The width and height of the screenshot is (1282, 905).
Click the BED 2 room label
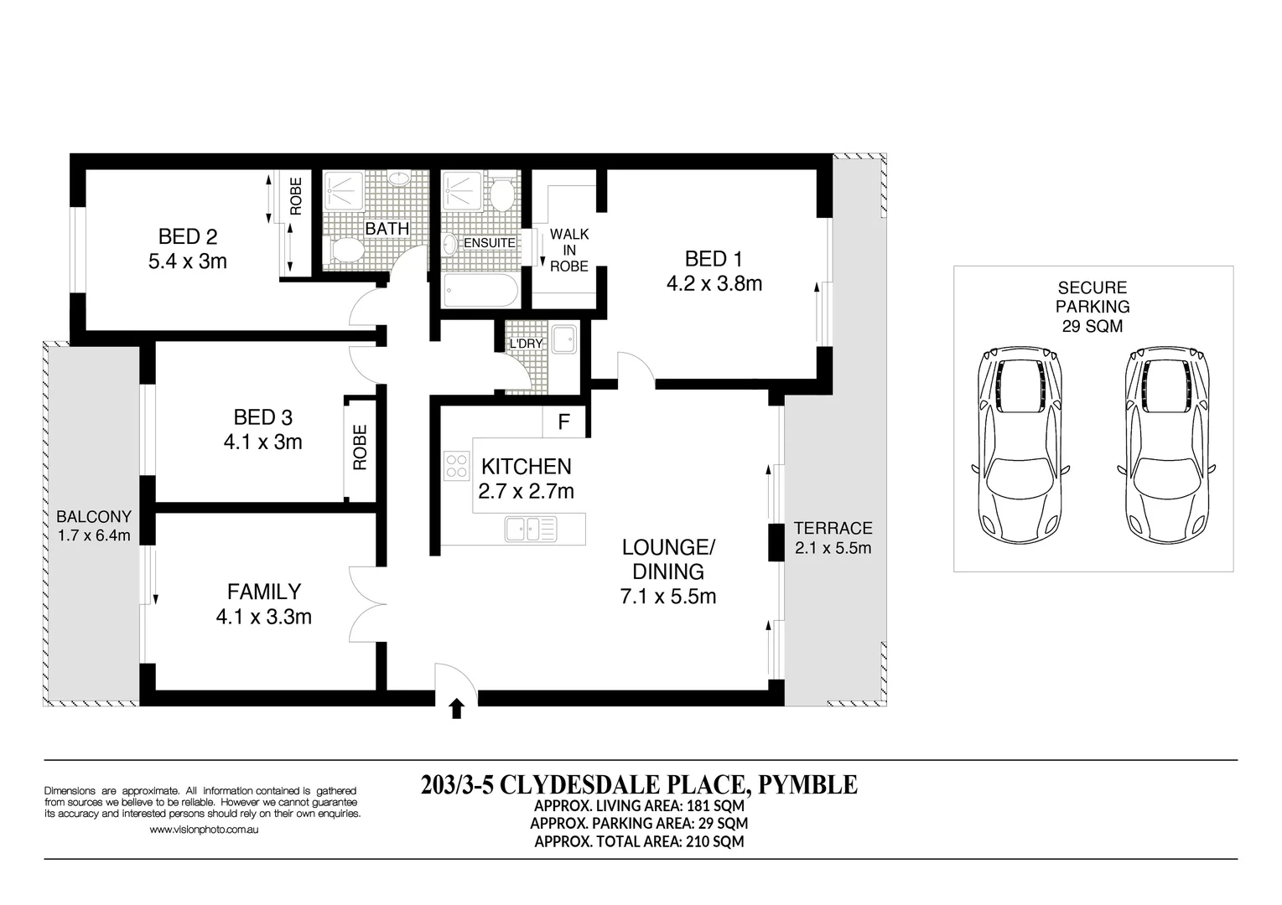pos(188,237)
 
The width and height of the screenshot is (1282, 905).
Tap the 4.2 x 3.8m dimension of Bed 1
pos(714,284)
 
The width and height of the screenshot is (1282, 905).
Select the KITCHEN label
pos(526,466)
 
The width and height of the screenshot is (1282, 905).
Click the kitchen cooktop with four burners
pos(457,465)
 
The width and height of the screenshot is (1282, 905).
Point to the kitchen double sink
pos(531,529)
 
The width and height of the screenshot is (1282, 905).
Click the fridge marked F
pos(564,422)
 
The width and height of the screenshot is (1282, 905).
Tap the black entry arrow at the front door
pos(456,709)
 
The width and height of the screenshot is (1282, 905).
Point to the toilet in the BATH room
pos(345,251)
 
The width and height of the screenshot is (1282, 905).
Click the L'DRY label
pos(527,344)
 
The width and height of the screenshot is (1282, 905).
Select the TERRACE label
pos(833,528)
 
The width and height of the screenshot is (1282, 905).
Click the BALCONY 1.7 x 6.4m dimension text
pos(93,535)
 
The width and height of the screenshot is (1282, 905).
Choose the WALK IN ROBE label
pos(568,250)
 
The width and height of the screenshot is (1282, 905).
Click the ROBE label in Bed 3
pos(360,447)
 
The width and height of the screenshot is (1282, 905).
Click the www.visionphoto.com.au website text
pos(203,830)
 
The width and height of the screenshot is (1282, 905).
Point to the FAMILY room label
pos(263,592)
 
